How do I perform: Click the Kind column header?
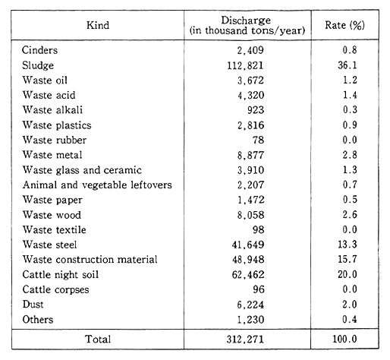tap(97, 26)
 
